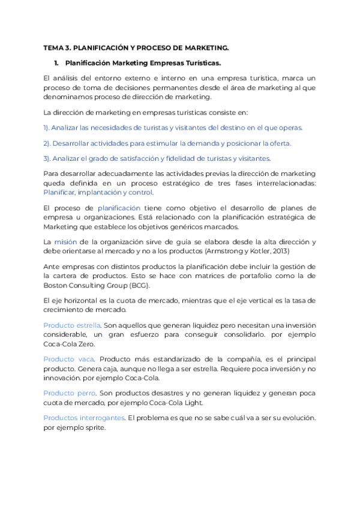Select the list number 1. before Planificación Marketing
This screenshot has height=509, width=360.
(x=56, y=62)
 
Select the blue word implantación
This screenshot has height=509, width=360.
(x=99, y=193)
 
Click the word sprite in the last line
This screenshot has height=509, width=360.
(x=95, y=428)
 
